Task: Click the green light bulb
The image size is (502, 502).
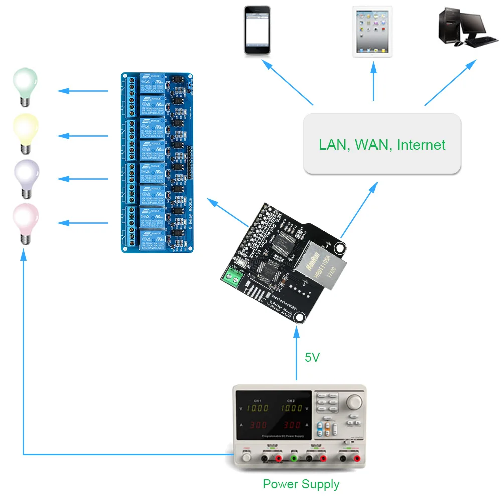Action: point(25,85)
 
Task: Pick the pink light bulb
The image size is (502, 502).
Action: point(25,221)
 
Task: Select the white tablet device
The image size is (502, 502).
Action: point(372,31)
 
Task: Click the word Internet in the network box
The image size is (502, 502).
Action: point(421,145)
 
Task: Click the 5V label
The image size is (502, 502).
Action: point(312,358)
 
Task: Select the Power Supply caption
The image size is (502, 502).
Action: point(301,484)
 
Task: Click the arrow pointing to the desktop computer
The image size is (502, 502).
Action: point(450,83)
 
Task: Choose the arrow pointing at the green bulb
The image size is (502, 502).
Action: point(83,91)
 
